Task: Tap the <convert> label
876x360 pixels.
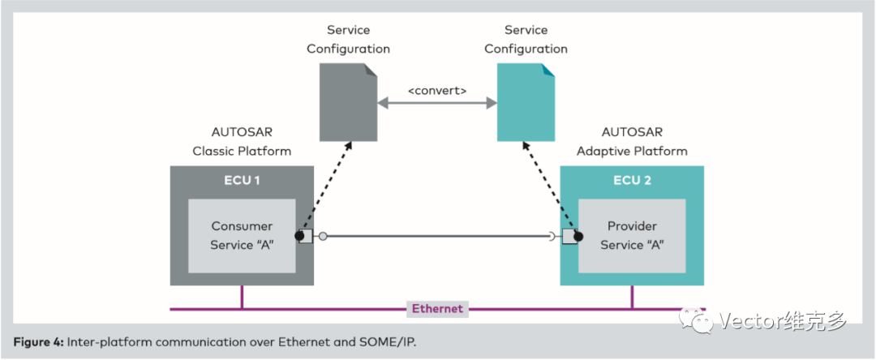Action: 437,91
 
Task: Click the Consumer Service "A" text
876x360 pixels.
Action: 242,235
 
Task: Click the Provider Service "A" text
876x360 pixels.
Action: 632,235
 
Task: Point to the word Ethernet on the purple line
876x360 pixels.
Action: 437,308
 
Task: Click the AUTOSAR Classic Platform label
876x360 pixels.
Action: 242,141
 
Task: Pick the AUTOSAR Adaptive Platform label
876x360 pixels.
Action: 632,141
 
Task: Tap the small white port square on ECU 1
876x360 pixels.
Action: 307,237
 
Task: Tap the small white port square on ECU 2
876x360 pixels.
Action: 569,237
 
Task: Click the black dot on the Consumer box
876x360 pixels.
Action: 299,237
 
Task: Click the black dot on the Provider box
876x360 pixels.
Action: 578,237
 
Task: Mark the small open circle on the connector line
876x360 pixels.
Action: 323,237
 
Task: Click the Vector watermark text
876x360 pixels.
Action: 783,321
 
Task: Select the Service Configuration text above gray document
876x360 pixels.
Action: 348,39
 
